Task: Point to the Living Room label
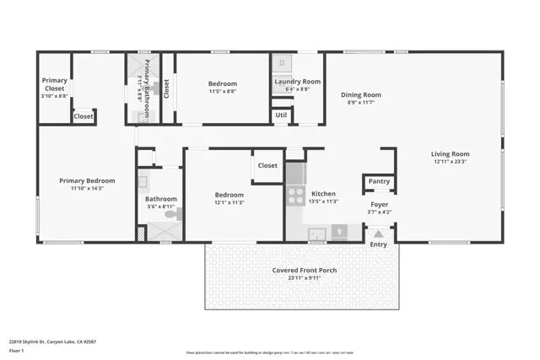[450, 154]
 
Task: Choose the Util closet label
[281, 116]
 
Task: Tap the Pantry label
[379, 181]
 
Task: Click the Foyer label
[379, 204]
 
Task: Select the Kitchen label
[324, 193]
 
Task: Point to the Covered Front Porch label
[304, 271]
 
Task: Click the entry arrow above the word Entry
[378, 234]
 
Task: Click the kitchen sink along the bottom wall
[316, 233]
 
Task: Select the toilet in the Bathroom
[172, 216]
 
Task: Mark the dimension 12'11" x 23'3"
[450, 163]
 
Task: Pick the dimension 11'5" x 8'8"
[223, 92]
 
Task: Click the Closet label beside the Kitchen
[268, 166]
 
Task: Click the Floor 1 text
[17, 349]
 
